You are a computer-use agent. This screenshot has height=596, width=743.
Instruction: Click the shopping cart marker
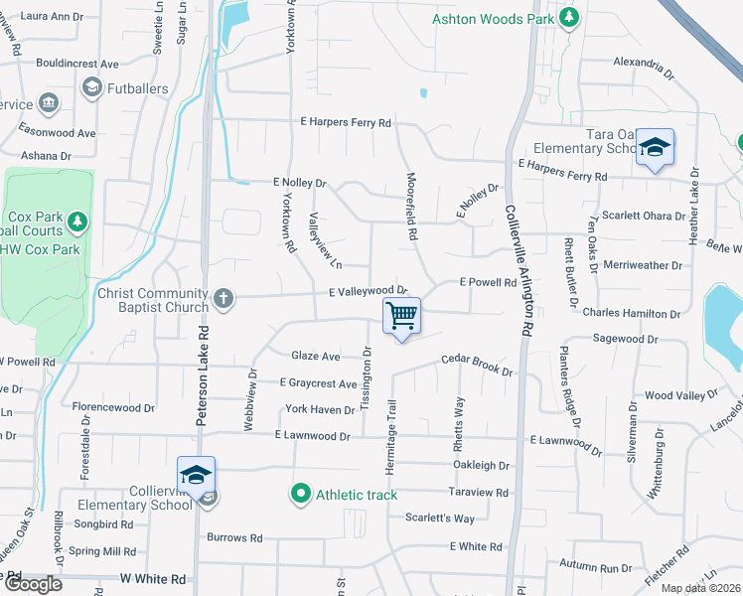pos(402,317)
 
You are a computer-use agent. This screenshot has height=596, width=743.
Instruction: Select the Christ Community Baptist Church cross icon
pos(223,296)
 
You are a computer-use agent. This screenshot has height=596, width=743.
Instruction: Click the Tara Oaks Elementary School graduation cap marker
pos(655,148)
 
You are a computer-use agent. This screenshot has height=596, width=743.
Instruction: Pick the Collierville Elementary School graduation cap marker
pos(196,475)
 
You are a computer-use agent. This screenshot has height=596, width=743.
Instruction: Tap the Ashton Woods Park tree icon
pos(568,18)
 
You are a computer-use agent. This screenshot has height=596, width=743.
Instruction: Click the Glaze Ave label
pos(315,356)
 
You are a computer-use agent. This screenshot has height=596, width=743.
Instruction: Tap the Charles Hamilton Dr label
pos(631,314)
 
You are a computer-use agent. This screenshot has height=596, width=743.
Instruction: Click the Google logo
pos(33,584)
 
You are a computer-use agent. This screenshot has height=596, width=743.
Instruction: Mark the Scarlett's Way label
pos(440,519)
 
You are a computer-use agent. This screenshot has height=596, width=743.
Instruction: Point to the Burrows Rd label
pos(234,537)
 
